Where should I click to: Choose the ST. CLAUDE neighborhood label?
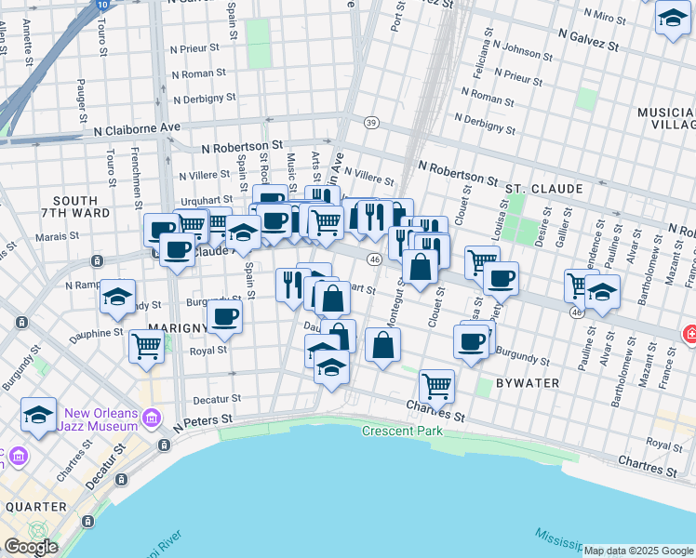click(544, 189)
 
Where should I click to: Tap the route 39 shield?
click(371, 123)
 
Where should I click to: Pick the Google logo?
click(31, 547)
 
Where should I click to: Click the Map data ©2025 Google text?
click(637, 551)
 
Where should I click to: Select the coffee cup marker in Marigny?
click(224, 315)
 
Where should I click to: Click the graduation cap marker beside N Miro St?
click(672, 18)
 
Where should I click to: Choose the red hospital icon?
click(690, 333)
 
